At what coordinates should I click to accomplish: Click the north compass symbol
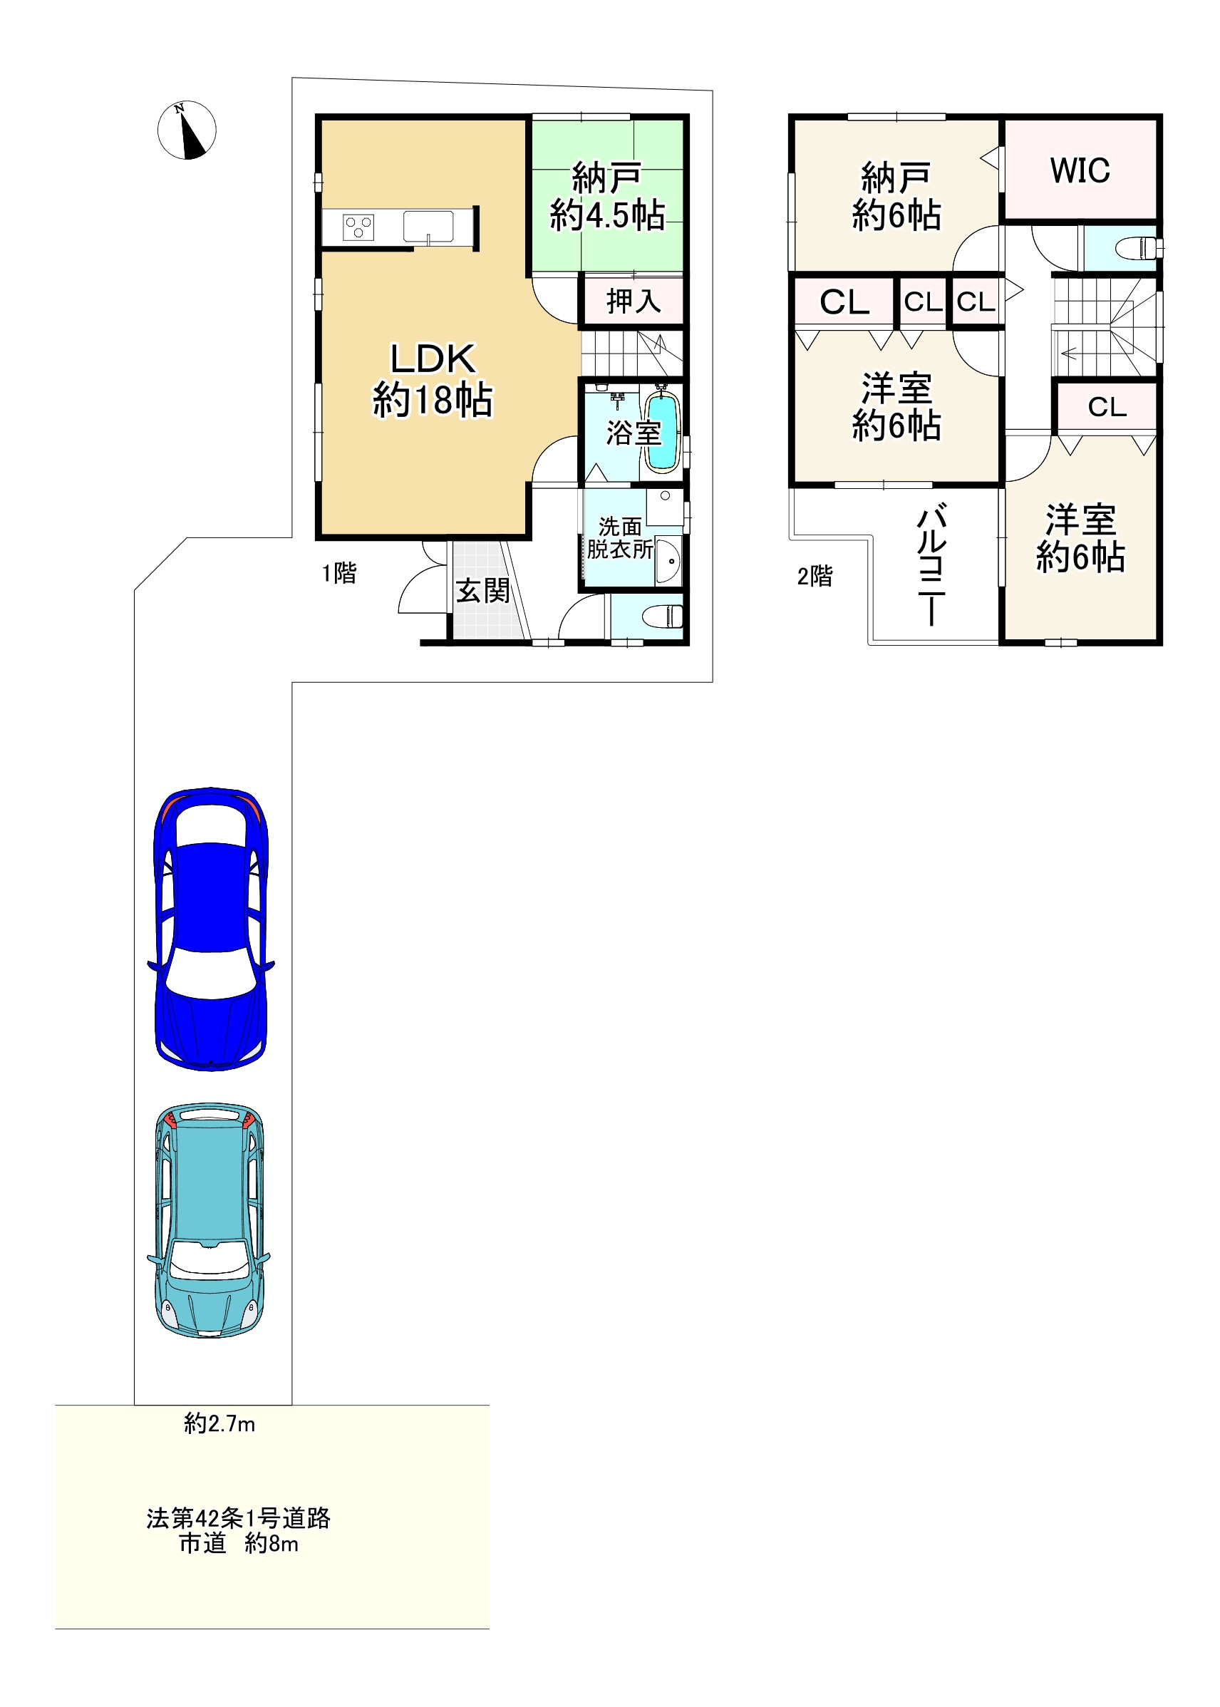[186, 130]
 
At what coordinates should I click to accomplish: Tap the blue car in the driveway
[211, 929]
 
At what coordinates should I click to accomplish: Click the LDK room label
[433, 359]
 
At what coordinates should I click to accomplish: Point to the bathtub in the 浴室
[663, 432]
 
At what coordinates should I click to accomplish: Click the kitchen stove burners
[358, 227]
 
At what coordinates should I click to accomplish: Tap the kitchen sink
[428, 227]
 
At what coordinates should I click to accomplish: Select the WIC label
[1080, 170]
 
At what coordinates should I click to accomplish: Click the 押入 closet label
[634, 301]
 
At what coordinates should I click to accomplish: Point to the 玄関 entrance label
[482, 591]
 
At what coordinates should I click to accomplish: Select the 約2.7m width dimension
[219, 1424]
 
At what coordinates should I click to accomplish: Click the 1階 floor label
[338, 573]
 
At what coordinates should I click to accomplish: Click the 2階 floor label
[815, 577]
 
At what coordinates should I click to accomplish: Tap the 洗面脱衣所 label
[621, 538]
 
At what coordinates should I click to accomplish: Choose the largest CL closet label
[844, 302]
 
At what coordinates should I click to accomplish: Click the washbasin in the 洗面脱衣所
[668, 560]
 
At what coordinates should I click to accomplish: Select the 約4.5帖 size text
[607, 216]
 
